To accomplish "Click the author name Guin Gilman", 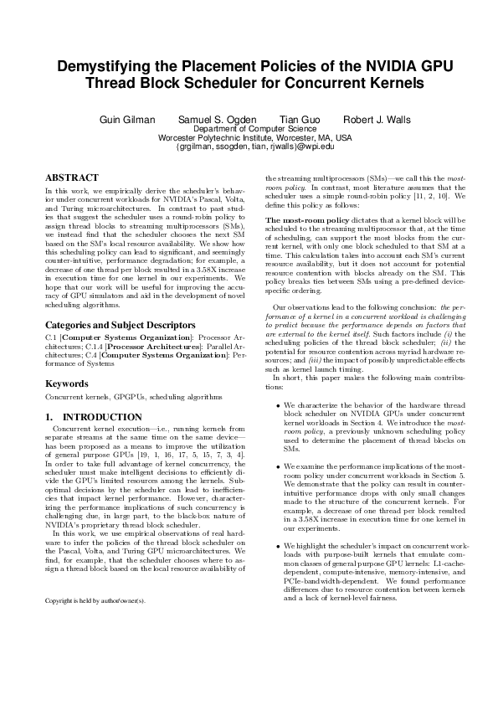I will pyautogui.click(x=127, y=120).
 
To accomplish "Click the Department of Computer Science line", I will pyautogui.click(x=249, y=130).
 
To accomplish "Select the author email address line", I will pyautogui.click(x=249, y=147).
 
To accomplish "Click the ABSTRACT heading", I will pyautogui.click(x=72, y=178).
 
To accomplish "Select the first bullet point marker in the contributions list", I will pyautogui.click(x=277, y=405).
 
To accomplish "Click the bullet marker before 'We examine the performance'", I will pyautogui.click(x=277, y=465).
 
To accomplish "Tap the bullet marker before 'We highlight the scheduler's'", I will pyautogui.click(x=277, y=545).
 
